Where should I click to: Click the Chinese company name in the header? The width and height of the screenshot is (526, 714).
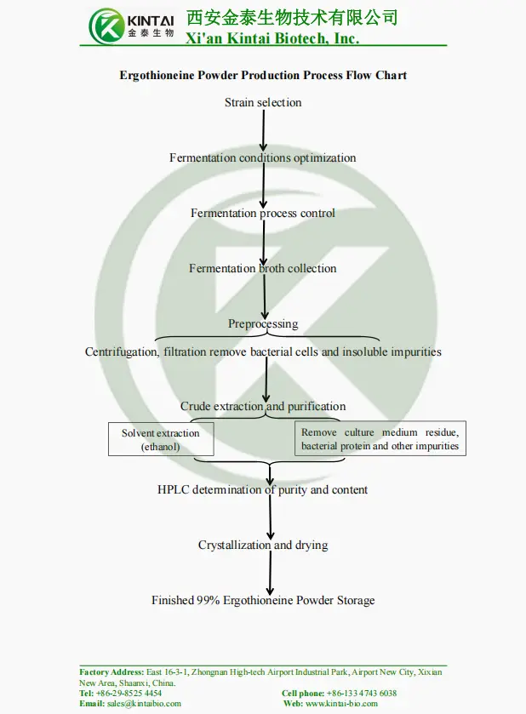tap(292, 17)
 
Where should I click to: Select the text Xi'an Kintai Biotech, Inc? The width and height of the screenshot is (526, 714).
tap(272, 38)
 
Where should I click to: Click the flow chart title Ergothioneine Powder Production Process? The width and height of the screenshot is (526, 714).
tap(263, 75)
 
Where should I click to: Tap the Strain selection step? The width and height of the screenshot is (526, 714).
tap(263, 103)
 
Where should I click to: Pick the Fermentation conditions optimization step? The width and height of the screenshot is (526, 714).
tap(262, 158)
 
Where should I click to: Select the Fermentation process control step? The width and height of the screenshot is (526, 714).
tap(262, 214)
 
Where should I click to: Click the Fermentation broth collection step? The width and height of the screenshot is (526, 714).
tap(262, 269)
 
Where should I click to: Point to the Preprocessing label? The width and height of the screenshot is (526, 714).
tap(263, 324)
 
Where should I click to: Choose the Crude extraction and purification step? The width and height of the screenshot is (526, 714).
tap(263, 407)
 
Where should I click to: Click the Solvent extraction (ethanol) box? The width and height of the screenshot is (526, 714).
tap(161, 439)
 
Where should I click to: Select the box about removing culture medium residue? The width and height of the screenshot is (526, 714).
tap(380, 439)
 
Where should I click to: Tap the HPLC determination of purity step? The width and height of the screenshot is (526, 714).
tap(262, 490)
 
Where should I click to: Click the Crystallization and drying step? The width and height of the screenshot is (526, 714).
tap(263, 545)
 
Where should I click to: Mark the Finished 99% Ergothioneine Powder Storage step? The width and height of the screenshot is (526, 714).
tap(263, 601)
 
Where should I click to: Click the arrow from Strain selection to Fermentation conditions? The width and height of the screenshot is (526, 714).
tap(264, 130)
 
